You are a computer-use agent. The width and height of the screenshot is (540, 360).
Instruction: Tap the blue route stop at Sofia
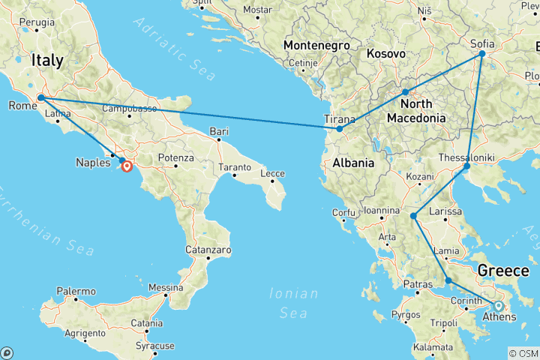tap(482, 54)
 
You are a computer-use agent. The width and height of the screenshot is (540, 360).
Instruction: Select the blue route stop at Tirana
tap(340, 129)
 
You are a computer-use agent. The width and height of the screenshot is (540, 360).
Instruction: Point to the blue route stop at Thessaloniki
tap(466, 166)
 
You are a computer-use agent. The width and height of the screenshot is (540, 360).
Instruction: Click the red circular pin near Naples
tap(127, 166)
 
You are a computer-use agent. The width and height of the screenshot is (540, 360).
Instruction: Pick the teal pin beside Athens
tap(498, 305)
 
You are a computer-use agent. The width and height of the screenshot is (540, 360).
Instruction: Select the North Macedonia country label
tap(415, 110)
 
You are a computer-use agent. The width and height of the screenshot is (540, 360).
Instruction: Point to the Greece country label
tap(504, 270)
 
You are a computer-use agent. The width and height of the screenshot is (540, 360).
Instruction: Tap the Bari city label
tap(219, 131)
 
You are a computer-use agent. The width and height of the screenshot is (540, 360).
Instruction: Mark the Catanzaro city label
tap(208, 249)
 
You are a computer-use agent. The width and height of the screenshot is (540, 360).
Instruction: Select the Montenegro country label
tap(317, 46)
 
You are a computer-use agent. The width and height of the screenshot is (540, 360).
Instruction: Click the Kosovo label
tap(386, 54)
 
